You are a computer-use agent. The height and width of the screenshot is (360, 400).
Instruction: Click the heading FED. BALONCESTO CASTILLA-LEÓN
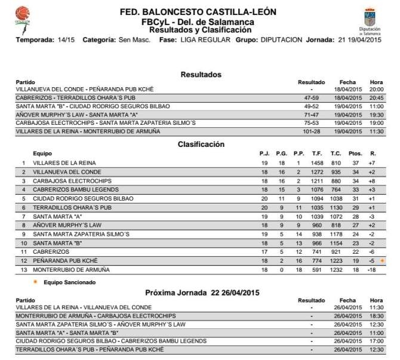click(x=193, y=13)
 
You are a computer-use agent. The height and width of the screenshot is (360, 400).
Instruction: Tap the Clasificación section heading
click(x=201, y=144)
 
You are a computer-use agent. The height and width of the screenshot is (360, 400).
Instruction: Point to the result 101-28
click(x=311, y=131)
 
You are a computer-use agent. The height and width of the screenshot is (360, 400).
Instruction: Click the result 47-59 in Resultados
click(x=311, y=97)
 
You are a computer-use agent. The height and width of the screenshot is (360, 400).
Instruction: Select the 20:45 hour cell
click(x=376, y=97)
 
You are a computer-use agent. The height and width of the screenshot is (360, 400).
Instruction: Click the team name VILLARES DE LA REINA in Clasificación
click(x=64, y=163)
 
